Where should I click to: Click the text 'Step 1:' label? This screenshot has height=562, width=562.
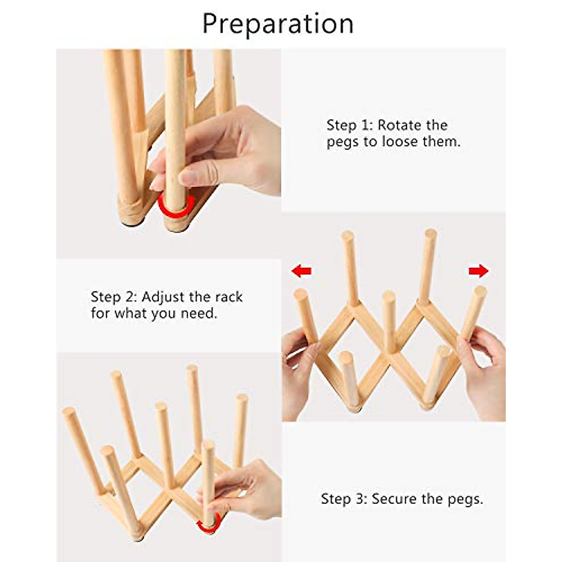348,126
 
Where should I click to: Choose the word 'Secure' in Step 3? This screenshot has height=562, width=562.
394,499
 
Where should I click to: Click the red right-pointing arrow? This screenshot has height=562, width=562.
478,271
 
